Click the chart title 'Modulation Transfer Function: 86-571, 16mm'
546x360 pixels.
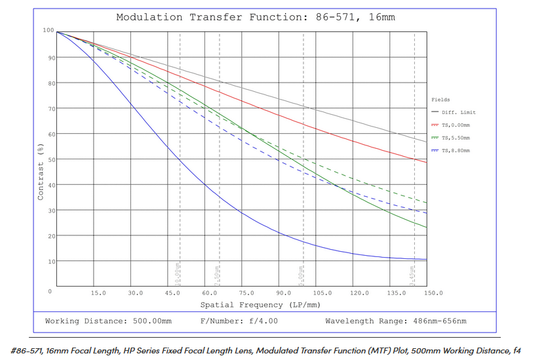[256, 17]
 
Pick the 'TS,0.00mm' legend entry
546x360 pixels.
[456, 125]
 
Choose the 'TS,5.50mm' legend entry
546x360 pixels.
[456, 138]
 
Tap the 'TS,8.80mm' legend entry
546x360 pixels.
[456, 150]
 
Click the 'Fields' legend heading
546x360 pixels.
[440, 100]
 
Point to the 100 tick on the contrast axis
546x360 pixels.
[48, 30]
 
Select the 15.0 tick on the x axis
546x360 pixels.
[98, 293]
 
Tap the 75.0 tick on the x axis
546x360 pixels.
[247, 293]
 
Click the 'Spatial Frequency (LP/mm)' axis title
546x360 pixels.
[250, 304]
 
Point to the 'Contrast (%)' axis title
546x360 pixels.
[41, 172]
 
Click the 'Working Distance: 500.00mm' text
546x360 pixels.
[108, 321]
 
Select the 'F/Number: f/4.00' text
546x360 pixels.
[239, 321]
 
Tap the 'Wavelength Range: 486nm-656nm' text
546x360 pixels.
[395, 321]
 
